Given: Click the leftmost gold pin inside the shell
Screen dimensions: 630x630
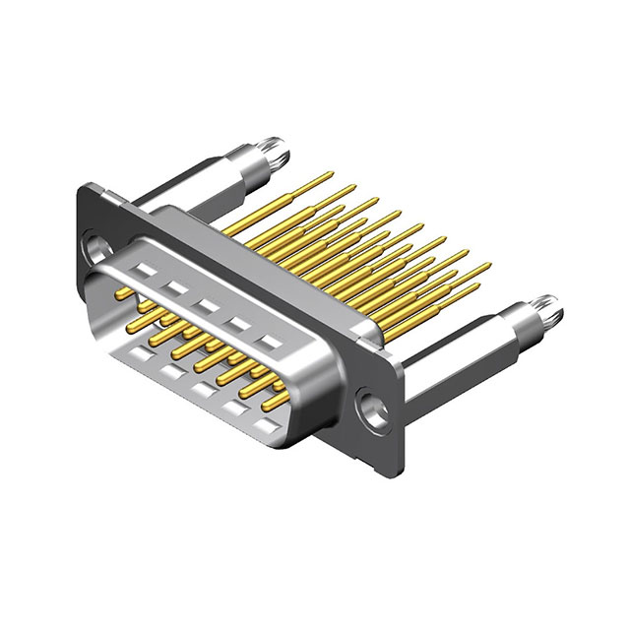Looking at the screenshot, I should pos(123,295).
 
